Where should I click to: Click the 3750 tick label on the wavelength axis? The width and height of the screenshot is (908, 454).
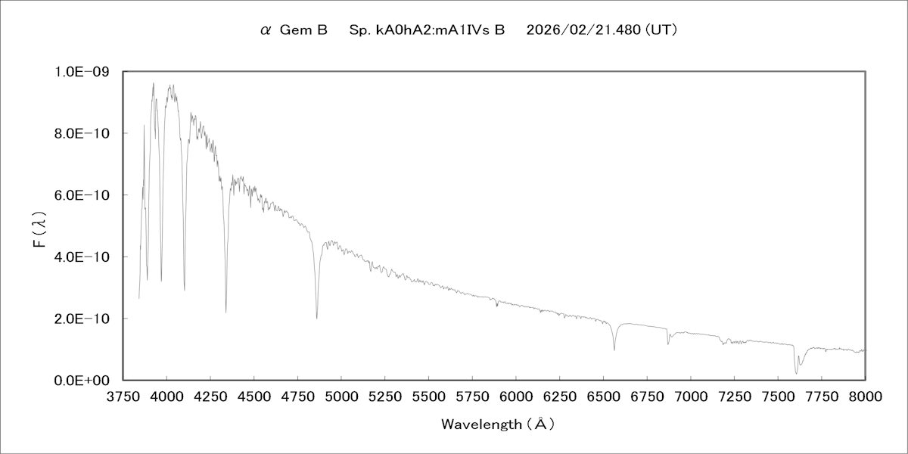[123, 396]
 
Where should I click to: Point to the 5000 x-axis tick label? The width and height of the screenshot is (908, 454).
[341, 396]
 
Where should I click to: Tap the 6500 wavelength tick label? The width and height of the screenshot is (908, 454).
[603, 396]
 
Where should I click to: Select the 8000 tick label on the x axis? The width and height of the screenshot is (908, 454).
[865, 396]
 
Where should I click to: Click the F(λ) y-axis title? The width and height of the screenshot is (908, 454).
[43, 225]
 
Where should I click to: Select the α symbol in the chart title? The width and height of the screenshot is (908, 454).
[265, 31]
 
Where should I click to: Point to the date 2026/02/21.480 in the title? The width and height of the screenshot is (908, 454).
[583, 31]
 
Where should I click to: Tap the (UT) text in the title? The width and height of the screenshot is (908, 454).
[661, 31]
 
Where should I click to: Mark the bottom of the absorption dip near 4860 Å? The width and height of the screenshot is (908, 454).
[317, 318]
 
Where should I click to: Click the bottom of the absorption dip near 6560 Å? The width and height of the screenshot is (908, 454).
[614, 350]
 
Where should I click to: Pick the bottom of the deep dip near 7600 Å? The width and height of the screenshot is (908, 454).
[796, 373]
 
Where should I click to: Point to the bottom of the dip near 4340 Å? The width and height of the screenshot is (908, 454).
[226, 312]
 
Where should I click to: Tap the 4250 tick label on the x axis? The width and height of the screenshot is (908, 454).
[210, 396]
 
